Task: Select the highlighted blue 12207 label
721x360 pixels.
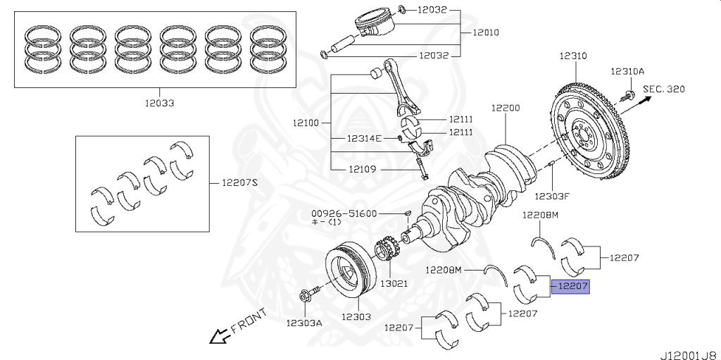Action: (x=570, y=287)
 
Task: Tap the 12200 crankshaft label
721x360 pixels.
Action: (x=506, y=108)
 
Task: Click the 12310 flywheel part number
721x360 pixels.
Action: (x=574, y=55)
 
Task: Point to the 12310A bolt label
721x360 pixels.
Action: (x=627, y=71)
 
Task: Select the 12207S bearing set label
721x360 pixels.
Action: (x=240, y=183)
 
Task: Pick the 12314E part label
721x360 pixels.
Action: (x=363, y=138)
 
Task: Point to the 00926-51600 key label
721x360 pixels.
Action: (x=345, y=213)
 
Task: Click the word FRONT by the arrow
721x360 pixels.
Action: (x=248, y=321)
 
